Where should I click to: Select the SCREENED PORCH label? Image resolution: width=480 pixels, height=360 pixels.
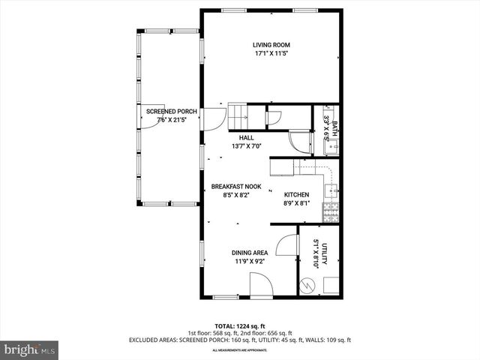tap(172, 111)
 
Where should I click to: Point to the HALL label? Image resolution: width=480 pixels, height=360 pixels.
tap(247, 138)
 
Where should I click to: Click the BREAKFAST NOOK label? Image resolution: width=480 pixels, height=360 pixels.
tap(235, 186)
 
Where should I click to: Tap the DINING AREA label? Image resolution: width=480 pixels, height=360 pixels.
tap(250, 253)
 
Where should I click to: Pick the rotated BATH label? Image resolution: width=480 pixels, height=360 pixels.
tap(334, 128)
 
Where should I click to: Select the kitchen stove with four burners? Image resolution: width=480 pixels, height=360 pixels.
tap(331, 212)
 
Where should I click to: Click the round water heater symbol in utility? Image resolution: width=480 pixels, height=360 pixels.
tap(307, 285)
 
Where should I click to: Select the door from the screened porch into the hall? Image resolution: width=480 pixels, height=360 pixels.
tap(213, 118)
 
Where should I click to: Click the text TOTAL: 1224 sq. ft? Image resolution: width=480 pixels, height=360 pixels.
tap(240, 325)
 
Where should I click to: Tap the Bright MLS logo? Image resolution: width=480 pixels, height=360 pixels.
tap(30, 349)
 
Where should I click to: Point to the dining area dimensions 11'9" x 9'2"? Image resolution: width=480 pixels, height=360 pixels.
tap(250, 262)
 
